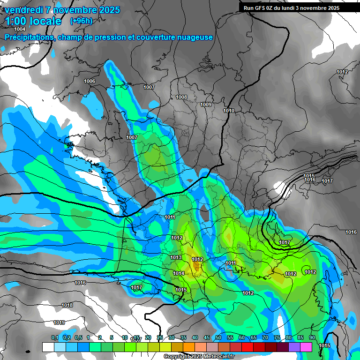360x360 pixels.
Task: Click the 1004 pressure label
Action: click(20, 30)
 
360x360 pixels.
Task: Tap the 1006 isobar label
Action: click(90, 82)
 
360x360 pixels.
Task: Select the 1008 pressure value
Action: click(181, 97)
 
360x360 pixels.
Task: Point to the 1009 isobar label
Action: click(206, 105)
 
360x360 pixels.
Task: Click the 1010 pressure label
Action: click(229, 111)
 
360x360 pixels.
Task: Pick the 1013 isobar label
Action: click(176, 257)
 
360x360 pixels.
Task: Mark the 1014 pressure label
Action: click(179, 273)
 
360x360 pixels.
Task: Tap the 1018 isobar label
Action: click(67, 305)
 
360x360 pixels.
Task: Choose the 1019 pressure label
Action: click(59, 322)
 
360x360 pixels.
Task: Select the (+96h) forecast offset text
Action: click(81, 21)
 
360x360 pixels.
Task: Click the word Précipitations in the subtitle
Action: click(28, 37)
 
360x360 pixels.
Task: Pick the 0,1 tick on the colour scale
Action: click(54, 337)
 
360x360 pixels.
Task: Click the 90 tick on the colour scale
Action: click(312, 337)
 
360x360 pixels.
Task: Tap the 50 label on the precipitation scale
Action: click(218, 337)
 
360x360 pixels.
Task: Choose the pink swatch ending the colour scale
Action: click(306, 347)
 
